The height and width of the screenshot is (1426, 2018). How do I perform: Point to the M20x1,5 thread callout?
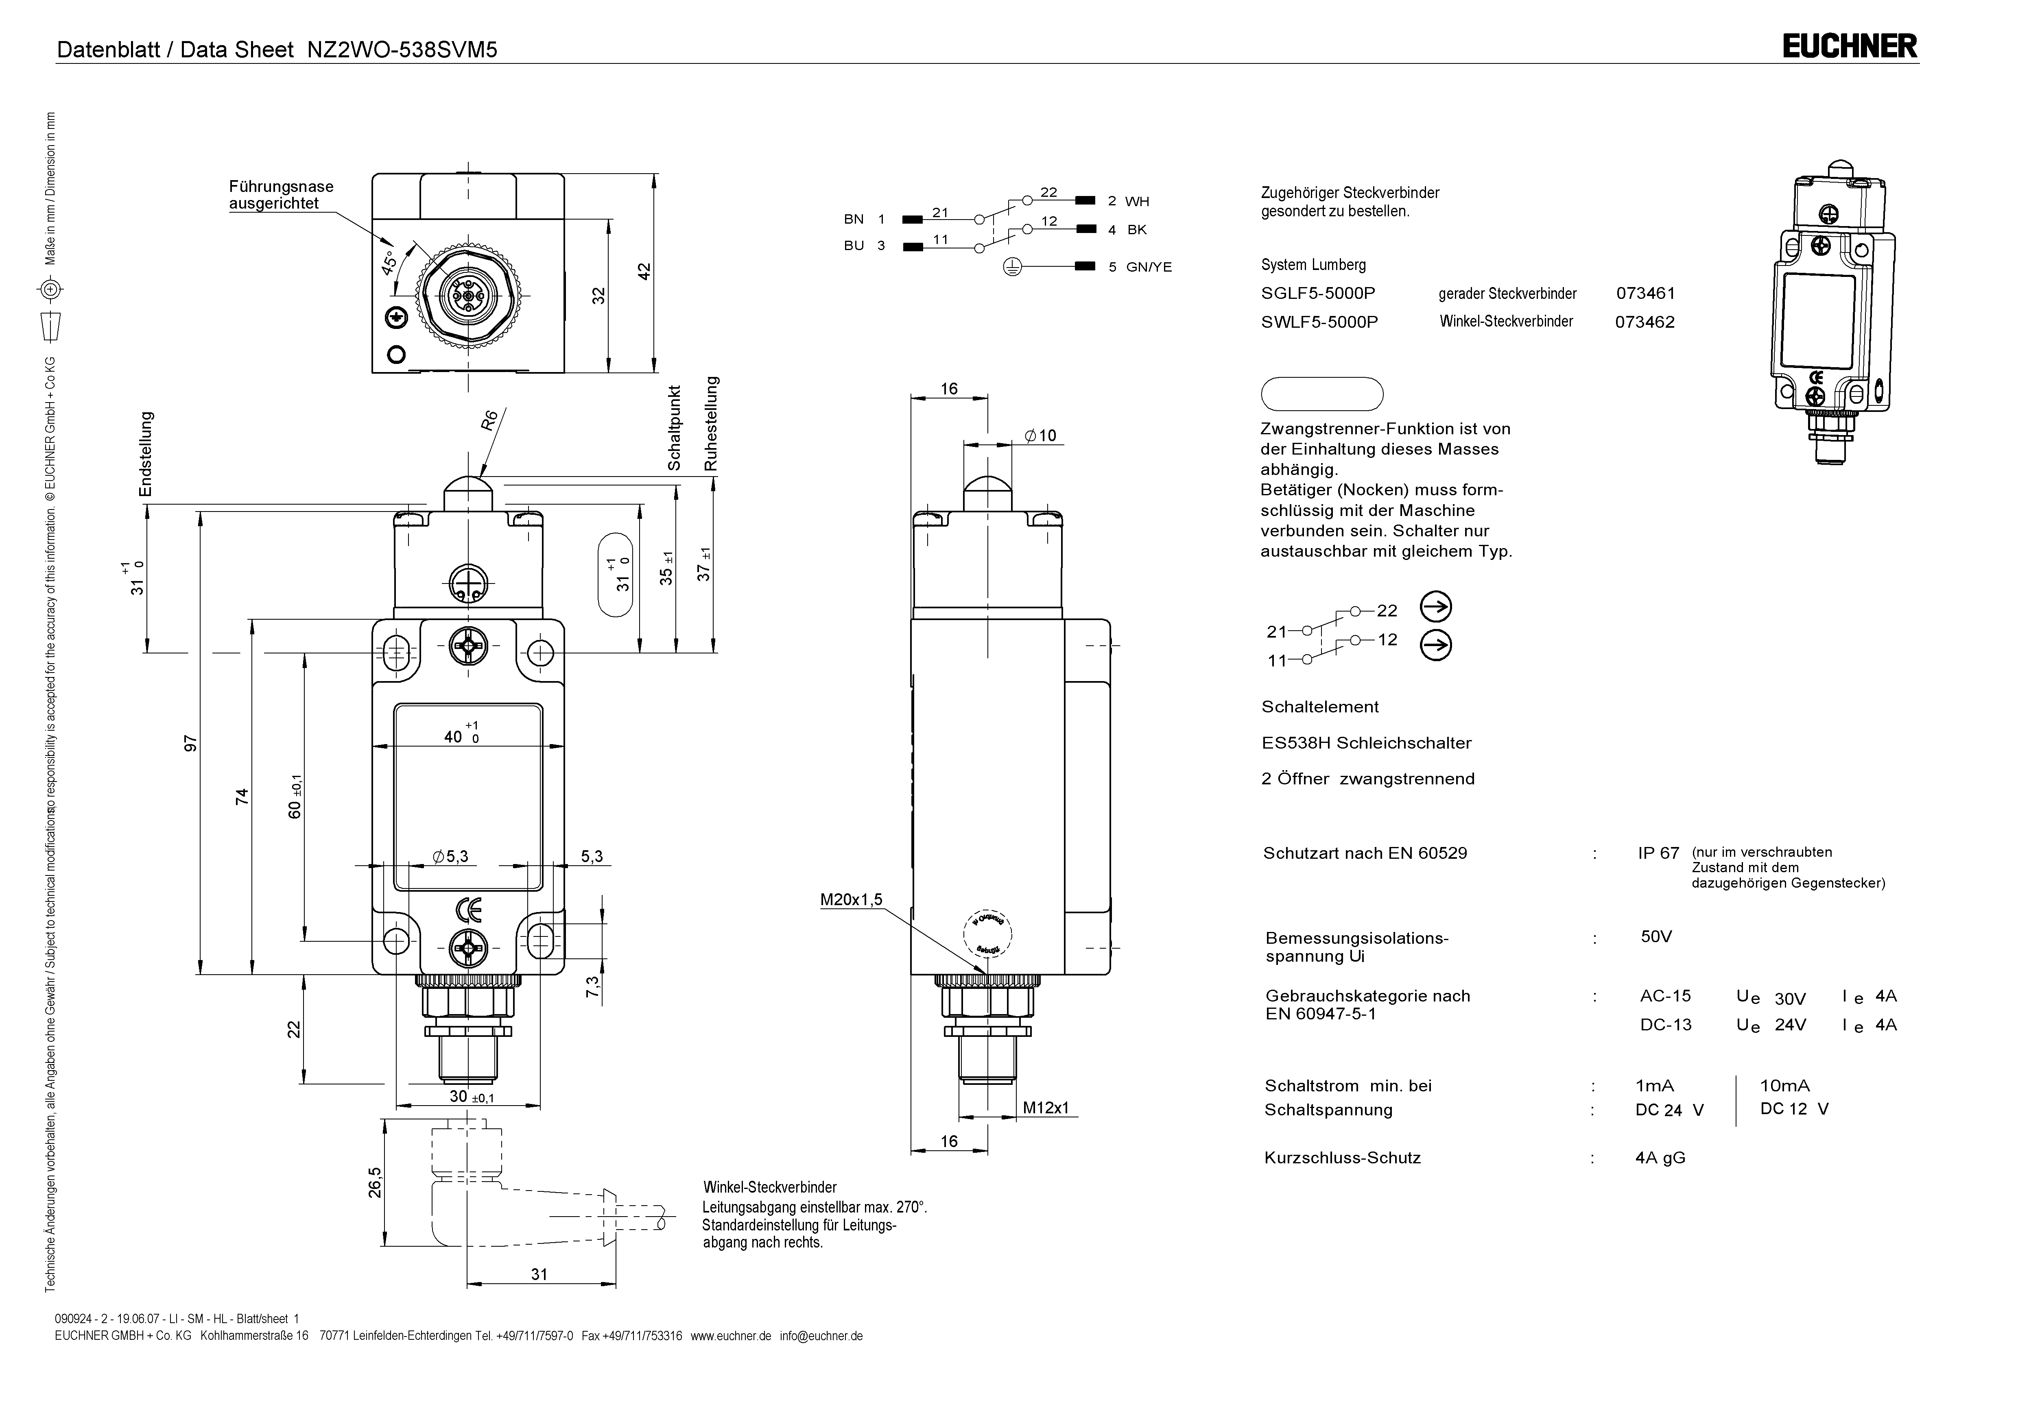[851, 900]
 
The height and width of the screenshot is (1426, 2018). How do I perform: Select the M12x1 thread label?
[1046, 1108]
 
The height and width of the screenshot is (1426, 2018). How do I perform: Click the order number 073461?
[1645, 294]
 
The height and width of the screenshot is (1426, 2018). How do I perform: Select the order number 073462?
[1645, 322]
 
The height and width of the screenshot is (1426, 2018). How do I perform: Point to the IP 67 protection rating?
[1658, 853]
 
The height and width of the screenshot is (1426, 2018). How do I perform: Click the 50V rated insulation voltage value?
[1656, 936]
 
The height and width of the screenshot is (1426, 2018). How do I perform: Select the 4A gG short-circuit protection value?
[1660, 1158]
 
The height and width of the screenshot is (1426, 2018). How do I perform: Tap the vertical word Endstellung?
[146, 453]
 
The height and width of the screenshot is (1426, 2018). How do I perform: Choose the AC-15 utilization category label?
[1665, 996]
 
